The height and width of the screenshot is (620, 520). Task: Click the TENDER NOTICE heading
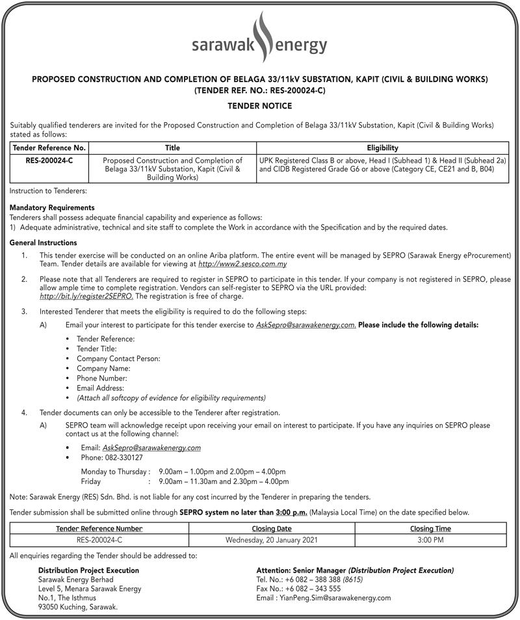[259, 105]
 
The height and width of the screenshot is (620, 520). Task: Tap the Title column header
[172, 148]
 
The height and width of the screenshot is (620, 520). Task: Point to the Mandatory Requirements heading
[52, 208]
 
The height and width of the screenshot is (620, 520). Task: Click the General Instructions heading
[44, 242]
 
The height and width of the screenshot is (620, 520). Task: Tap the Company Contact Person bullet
[118, 358]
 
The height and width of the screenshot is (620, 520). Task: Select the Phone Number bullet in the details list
[102, 378]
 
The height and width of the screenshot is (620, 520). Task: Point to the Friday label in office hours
[91, 482]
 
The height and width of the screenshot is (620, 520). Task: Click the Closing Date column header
[272, 528]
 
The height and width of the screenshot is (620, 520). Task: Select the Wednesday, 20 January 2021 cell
[272, 539]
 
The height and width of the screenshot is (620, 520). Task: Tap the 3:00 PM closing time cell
[430, 539]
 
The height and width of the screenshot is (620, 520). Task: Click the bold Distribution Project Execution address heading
[88, 570]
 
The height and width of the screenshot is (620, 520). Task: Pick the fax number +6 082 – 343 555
[298, 588]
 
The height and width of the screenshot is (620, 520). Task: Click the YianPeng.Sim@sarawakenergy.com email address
[324, 597]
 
